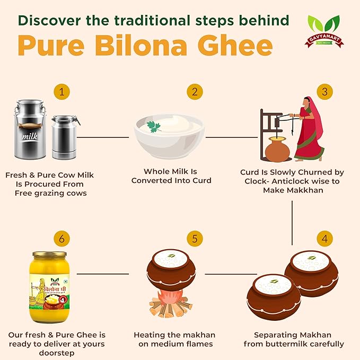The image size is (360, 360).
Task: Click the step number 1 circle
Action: (62, 92)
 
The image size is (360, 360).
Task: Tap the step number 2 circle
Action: (195, 92)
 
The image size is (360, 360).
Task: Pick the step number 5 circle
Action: (195, 239)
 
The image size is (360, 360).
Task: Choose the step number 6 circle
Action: (62, 239)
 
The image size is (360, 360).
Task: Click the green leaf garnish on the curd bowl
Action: (154, 127)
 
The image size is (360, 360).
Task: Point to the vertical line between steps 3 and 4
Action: (292, 212)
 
